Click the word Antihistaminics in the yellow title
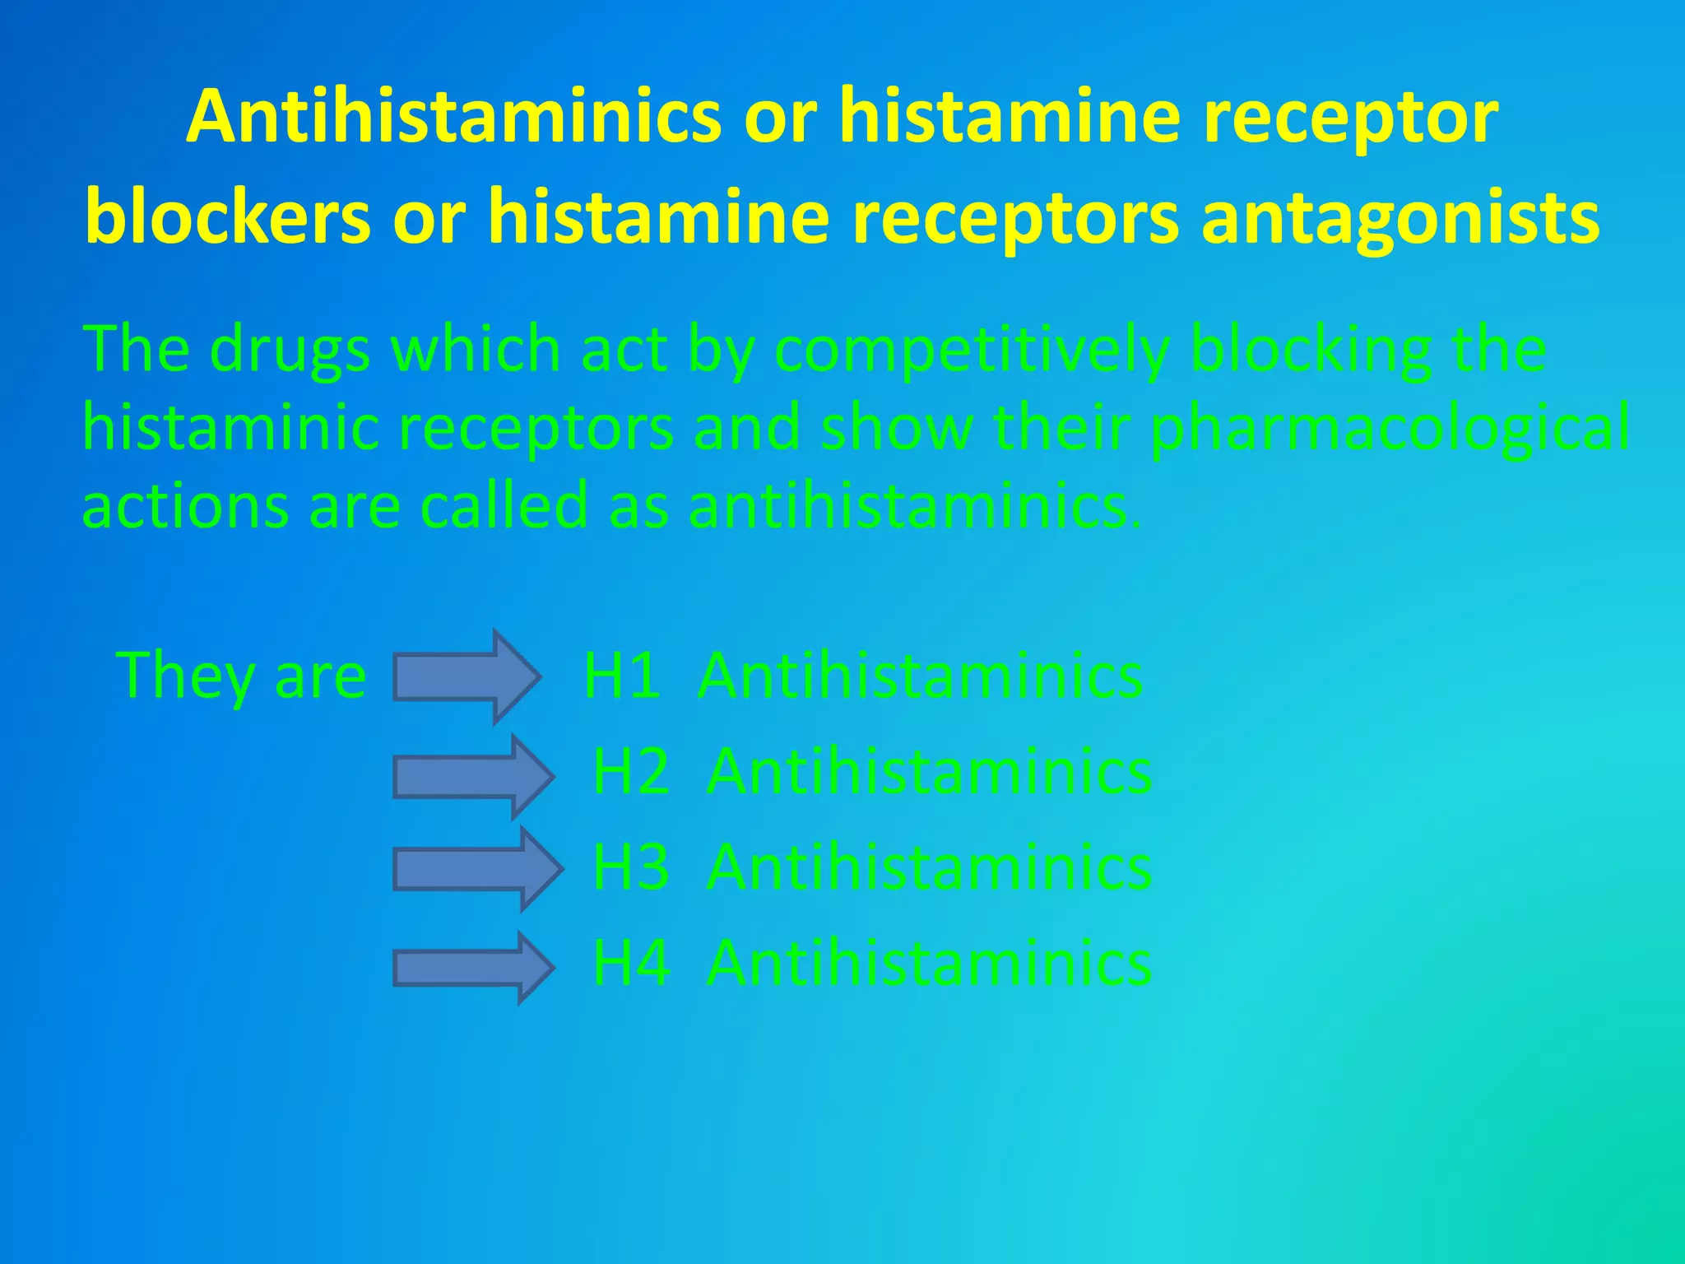[x=453, y=118]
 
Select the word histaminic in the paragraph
[x=230, y=428]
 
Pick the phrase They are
[x=241, y=676]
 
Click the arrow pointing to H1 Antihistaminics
[x=466, y=676]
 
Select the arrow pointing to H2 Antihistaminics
[x=472, y=776]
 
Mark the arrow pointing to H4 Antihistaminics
[x=472, y=967]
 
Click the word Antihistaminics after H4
[x=929, y=964]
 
